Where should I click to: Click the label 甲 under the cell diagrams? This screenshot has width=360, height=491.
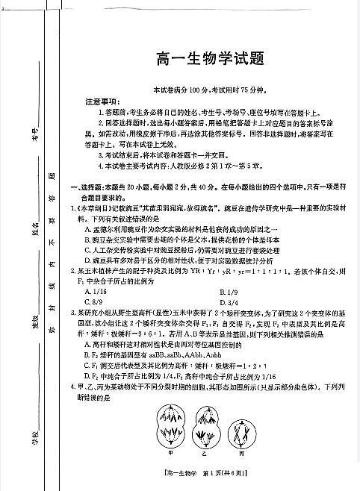pos(171,452)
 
